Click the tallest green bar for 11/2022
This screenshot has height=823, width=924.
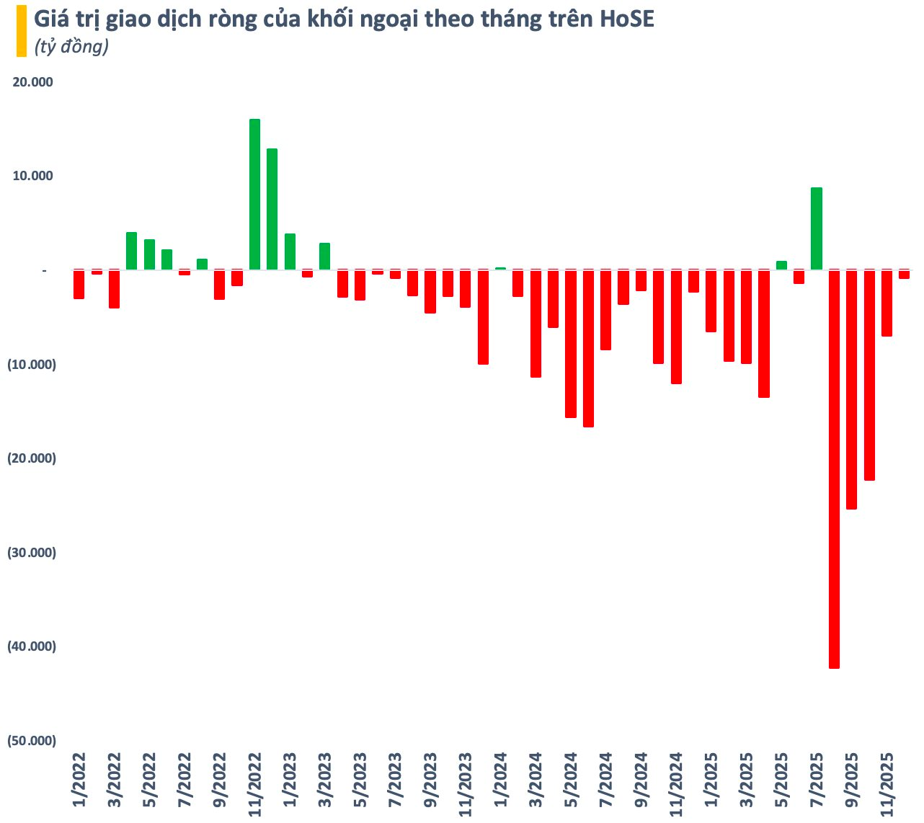[x=254, y=195]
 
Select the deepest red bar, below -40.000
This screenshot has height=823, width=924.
[x=834, y=468]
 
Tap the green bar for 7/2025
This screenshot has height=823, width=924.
[x=817, y=228]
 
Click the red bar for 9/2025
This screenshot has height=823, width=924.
[x=851, y=389]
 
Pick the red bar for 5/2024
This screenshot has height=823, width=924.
[x=571, y=344]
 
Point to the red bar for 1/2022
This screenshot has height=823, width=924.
[x=79, y=285]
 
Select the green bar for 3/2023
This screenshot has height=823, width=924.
[x=324, y=257]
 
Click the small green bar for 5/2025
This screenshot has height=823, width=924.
[x=781, y=265]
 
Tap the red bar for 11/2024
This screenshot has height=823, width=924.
[x=676, y=326]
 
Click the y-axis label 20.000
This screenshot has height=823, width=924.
[x=33, y=82]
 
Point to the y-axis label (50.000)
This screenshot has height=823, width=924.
[x=31, y=741]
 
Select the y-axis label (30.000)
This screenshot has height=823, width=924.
[x=31, y=553]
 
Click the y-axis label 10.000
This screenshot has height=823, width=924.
[x=33, y=176]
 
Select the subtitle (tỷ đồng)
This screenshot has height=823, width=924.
[x=71, y=47]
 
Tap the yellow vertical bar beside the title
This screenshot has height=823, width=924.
[x=21, y=31]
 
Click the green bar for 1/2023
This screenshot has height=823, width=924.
[x=290, y=252]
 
